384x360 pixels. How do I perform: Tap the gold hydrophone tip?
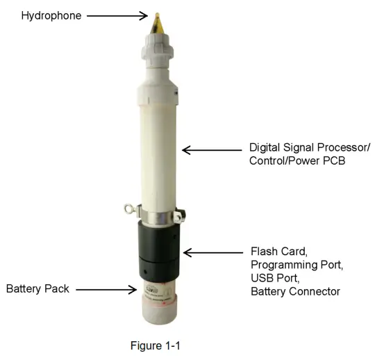(x=160, y=21)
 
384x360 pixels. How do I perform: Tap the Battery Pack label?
(x=38, y=288)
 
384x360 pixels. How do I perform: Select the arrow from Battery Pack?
(x=104, y=288)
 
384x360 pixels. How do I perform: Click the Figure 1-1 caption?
(x=155, y=344)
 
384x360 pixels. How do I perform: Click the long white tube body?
(x=160, y=146)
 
